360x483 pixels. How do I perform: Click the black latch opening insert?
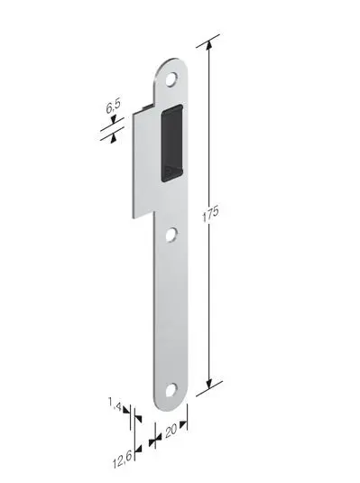(x=172, y=143)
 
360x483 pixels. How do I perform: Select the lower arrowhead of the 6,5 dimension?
(x=112, y=135)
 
